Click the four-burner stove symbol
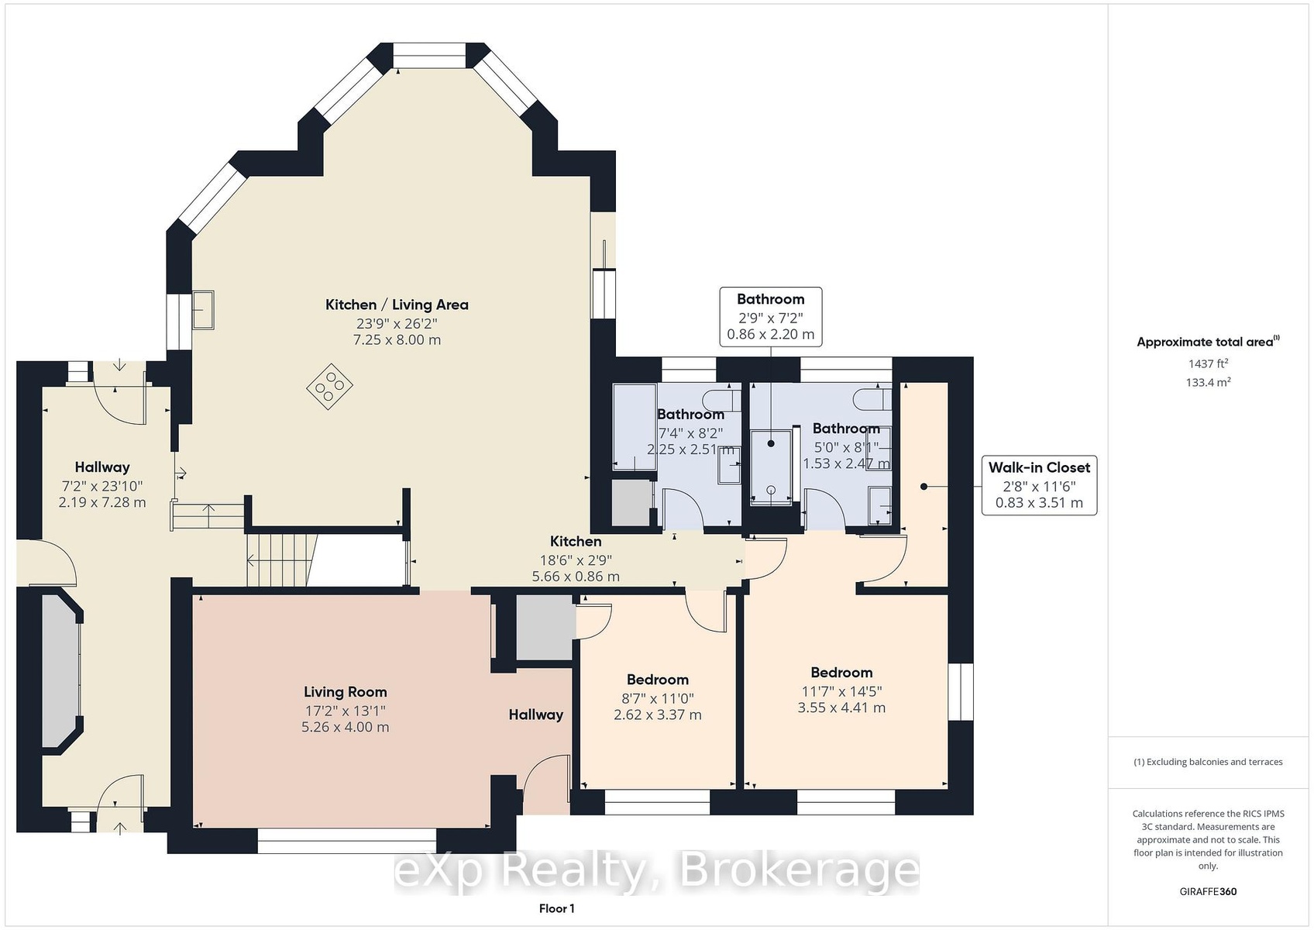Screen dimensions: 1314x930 tap(330, 386)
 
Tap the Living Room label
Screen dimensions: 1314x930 tap(345, 692)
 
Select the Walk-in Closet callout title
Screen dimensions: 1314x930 tap(1039, 467)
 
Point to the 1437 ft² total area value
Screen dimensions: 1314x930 tap(1208, 363)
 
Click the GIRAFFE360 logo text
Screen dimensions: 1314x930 tap(1208, 891)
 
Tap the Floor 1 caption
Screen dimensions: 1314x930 tap(557, 908)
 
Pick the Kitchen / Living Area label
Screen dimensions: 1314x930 tap(397, 305)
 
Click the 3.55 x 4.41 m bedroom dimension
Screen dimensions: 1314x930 tap(841, 708)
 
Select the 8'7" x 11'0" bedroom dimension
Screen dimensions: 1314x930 tap(658, 698)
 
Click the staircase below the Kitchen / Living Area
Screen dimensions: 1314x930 tap(282, 560)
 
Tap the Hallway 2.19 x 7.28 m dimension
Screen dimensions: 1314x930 tap(102, 502)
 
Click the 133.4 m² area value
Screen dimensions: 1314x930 tap(1208, 382)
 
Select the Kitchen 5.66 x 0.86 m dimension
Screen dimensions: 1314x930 tap(576, 576)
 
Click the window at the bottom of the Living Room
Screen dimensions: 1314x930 tap(346, 841)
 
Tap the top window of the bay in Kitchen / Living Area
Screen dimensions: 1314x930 tap(429, 56)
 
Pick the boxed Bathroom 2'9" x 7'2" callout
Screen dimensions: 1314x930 tap(770, 317)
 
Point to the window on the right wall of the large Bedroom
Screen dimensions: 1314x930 tap(961, 691)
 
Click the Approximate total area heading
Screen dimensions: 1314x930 tap(1208, 342)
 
